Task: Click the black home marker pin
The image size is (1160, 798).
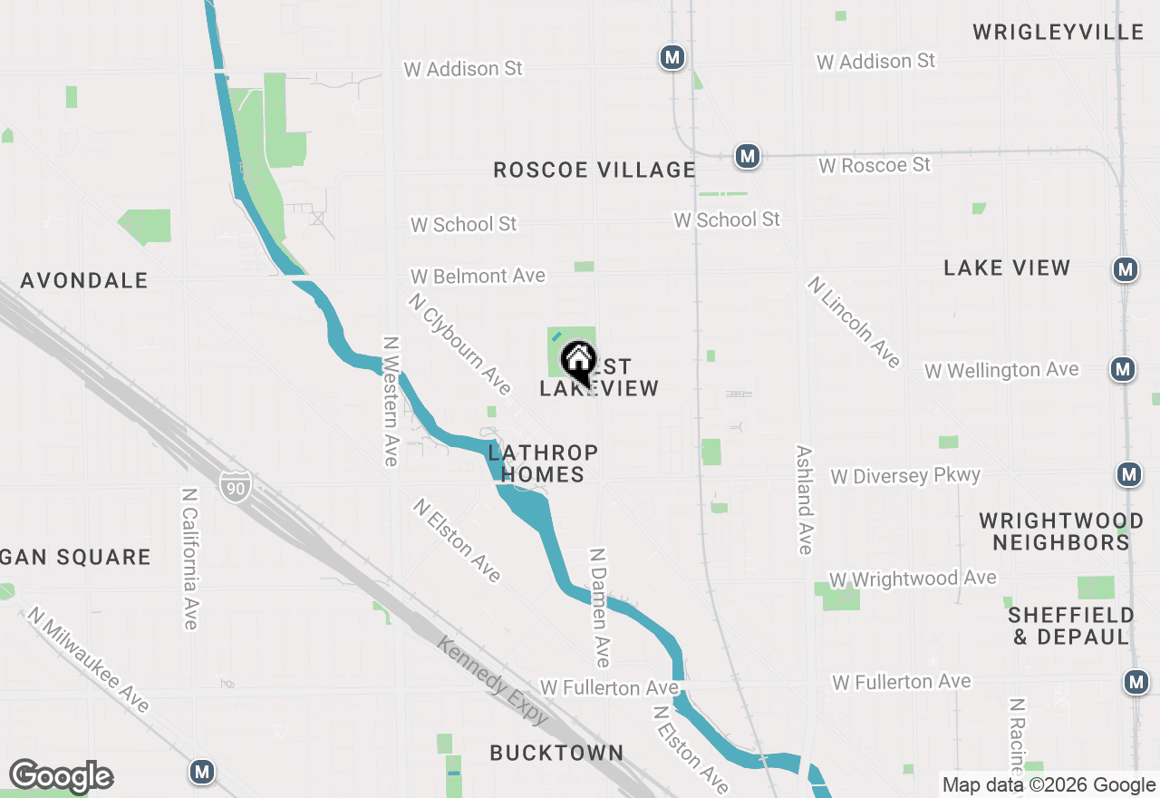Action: [578, 362]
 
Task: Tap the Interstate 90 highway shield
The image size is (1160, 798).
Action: [235, 487]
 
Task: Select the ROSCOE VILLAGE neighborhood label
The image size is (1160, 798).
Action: [594, 170]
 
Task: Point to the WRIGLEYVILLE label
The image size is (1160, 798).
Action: [1058, 33]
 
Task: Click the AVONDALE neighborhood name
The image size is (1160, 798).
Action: [84, 280]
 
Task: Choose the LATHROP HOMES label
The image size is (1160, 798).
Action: [543, 462]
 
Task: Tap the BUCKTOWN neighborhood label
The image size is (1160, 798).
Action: [556, 753]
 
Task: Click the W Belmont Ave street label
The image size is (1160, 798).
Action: [478, 276]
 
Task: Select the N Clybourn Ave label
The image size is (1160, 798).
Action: [459, 344]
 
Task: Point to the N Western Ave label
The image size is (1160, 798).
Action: [391, 401]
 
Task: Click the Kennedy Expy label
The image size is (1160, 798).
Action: [493, 680]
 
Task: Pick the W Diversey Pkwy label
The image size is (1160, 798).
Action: [905, 476]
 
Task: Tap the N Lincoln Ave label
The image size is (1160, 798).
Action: [854, 322]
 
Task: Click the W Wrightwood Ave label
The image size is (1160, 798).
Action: [913, 579]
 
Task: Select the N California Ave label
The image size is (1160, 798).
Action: [189, 559]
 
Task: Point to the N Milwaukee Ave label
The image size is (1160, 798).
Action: [88, 659]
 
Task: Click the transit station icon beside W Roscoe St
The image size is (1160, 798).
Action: [747, 156]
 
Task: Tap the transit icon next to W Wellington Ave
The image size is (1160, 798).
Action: [1123, 369]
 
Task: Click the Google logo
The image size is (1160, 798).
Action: [61, 776]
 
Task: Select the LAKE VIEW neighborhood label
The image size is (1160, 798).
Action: [1007, 268]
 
